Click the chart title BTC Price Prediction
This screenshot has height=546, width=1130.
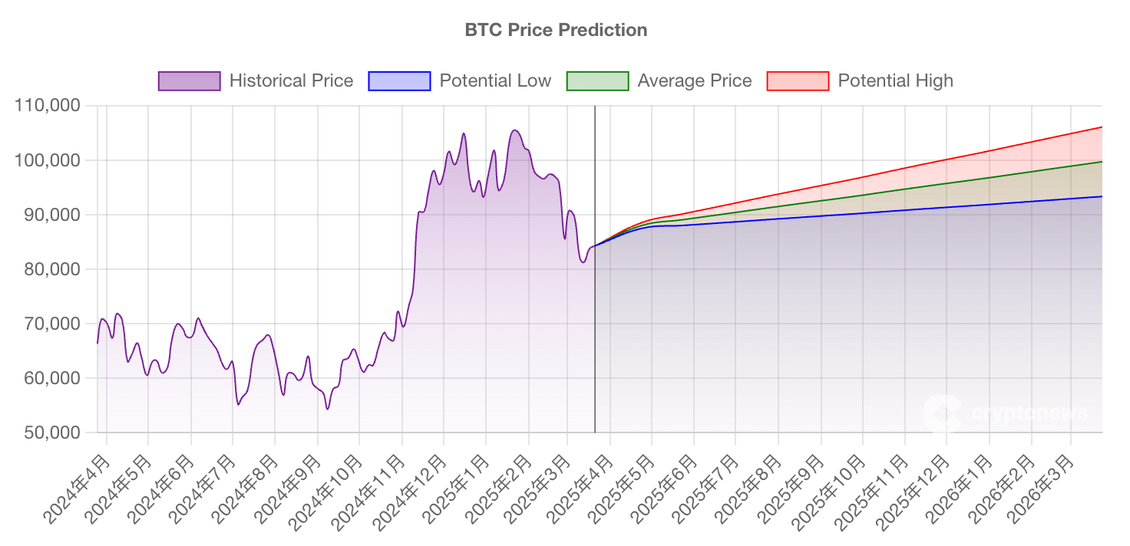point(556,30)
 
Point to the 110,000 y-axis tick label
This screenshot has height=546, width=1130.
point(48,106)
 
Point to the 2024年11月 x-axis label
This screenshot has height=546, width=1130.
point(368,491)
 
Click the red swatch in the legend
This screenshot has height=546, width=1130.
point(798,81)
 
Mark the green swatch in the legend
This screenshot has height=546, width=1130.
point(597,81)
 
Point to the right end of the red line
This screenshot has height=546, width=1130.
point(1102,127)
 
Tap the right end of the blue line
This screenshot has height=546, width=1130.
point(1102,196)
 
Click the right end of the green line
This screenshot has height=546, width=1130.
point(1102,162)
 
